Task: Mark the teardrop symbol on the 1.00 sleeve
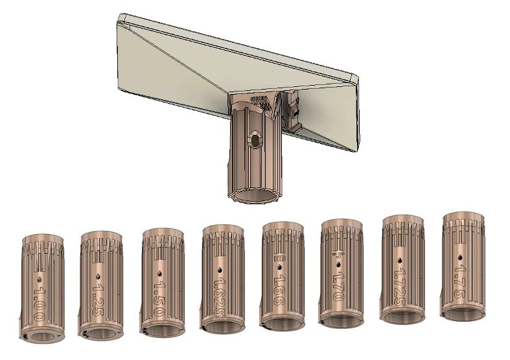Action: pos(40,277)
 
